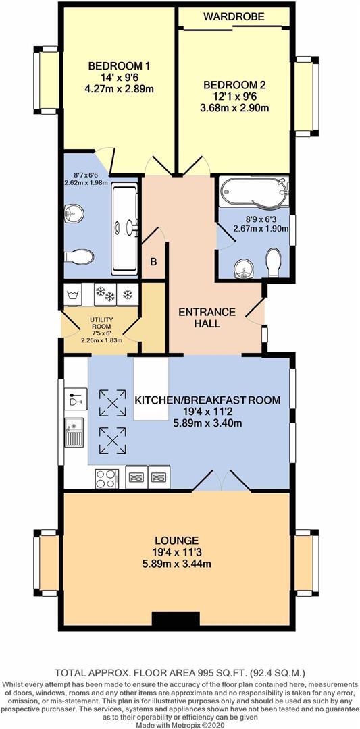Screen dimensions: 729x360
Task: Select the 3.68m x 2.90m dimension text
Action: coord(234,109)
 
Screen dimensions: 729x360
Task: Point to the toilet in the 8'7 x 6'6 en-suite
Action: coord(78,258)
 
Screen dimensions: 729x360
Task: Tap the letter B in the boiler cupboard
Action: coord(153,262)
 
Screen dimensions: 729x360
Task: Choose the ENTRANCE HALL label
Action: coord(207,318)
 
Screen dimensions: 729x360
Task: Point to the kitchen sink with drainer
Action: coord(74,433)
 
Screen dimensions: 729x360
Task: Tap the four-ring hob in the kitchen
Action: coord(106,478)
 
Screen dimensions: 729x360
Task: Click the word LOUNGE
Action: coord(176,541)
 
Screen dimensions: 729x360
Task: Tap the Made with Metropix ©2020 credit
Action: coord(180,724)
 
